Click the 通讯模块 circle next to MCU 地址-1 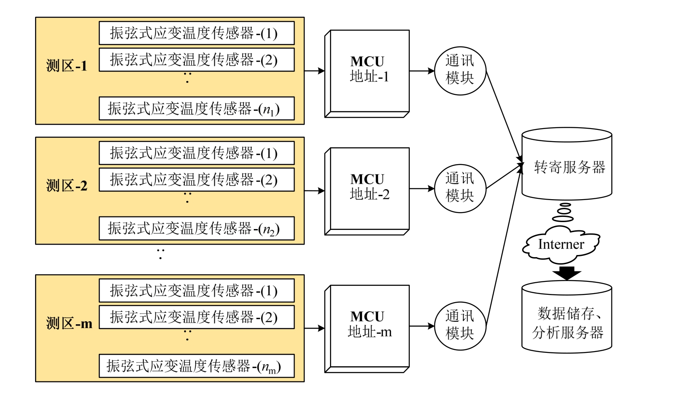point(460,70)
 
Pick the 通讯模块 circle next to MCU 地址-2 point(460,188)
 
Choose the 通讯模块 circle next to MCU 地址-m point(460,326)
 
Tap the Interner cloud point(561,245)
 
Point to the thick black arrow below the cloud point(567,273)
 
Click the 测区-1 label point(67,66)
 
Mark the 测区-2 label point(67,186)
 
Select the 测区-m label point(69,323)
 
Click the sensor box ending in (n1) point(197,108)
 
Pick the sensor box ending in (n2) point(197,228)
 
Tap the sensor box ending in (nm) point(197,366)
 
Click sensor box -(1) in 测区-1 point(197,33)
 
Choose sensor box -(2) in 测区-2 point(197,180)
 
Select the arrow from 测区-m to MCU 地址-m point(314,328)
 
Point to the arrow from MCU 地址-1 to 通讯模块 point(422,71)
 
